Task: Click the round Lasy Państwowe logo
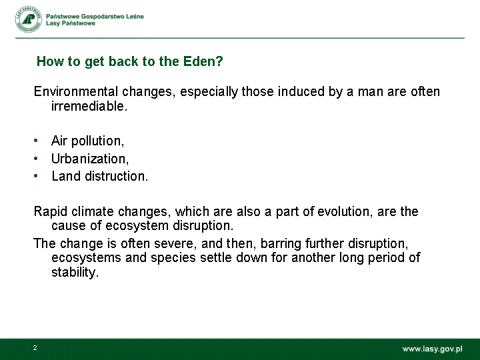(x=29, y=19)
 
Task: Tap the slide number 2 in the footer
(x=35, y=348)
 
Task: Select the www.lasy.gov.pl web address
(x=432, y=349)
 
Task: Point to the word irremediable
(x=89, y=106)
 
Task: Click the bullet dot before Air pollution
(x=36, y=141)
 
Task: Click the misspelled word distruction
(x=116, y=176)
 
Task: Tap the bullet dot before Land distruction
(x=36, y=176)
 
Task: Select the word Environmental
(x=75, y=91)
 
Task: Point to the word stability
(x=75, y=272)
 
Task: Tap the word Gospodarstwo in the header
(x=101, y=17)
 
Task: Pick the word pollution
(x=97, y=141)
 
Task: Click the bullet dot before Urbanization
(x=36, y=159)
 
